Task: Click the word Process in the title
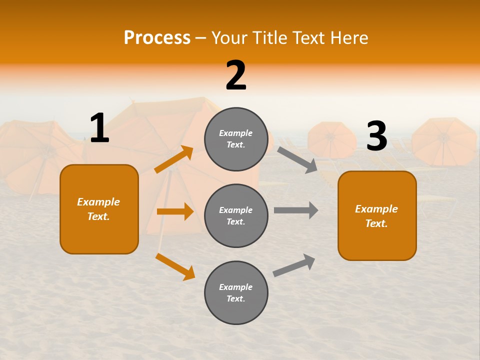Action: pos(157,38)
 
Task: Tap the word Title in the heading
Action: pos(269,38)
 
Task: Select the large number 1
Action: pos(99,128)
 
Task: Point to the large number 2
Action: pos(236,75)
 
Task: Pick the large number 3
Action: pos(376,136)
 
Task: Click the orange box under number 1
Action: pos(99,209)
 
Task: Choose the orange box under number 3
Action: pos(377,216)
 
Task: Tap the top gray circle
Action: pos(236,139)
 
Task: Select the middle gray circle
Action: pos(236,216)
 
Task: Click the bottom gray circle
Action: pos(236,293)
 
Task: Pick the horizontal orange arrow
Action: pos(175,211)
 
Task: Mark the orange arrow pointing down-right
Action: pos(175,266)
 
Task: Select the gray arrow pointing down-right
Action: pos(297,159)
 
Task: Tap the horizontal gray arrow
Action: pos(296,210)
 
